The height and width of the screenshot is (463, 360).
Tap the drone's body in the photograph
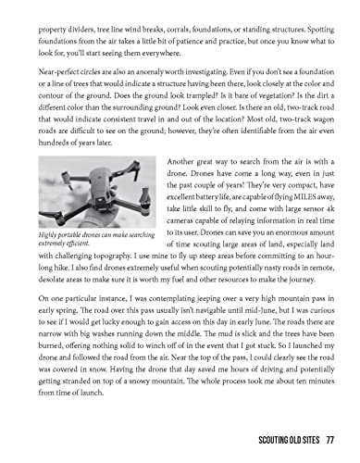tap(93, 198)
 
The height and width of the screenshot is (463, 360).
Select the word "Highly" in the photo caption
tap(52, 235)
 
